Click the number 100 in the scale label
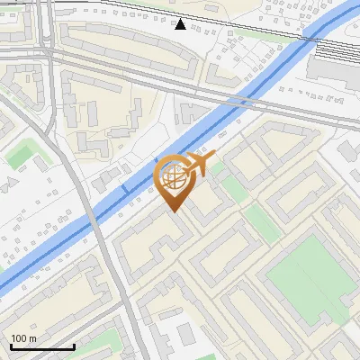20,338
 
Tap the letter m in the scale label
32,338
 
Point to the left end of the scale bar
11,346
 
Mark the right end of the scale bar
74,346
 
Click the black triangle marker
181,23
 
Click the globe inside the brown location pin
174,175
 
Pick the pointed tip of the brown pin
174,212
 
